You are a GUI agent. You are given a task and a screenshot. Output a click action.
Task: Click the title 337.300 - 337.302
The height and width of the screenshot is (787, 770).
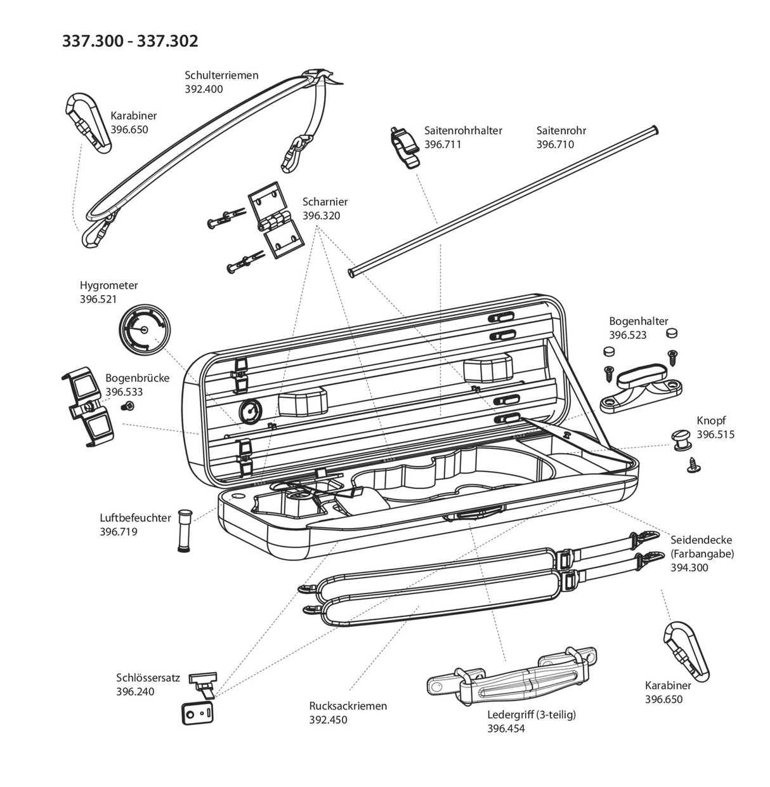coord(130,41)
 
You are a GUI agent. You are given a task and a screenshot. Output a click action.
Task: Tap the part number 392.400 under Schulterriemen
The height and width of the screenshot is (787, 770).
coord(204,89)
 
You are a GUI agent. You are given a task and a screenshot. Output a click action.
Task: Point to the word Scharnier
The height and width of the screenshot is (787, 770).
coord(325,202)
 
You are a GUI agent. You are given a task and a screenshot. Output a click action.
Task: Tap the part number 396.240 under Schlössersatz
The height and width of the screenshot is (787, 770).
coord(135,691)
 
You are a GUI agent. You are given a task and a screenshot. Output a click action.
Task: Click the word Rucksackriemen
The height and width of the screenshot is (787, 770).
coord(348,706)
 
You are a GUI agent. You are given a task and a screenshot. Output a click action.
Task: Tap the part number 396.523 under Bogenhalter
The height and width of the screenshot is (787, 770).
coord(628,335)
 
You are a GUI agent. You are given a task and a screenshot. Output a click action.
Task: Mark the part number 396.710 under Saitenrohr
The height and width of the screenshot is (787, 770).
coord(555,144)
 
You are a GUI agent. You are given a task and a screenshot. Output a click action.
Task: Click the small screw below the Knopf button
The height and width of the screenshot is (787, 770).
coord(693,466)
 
